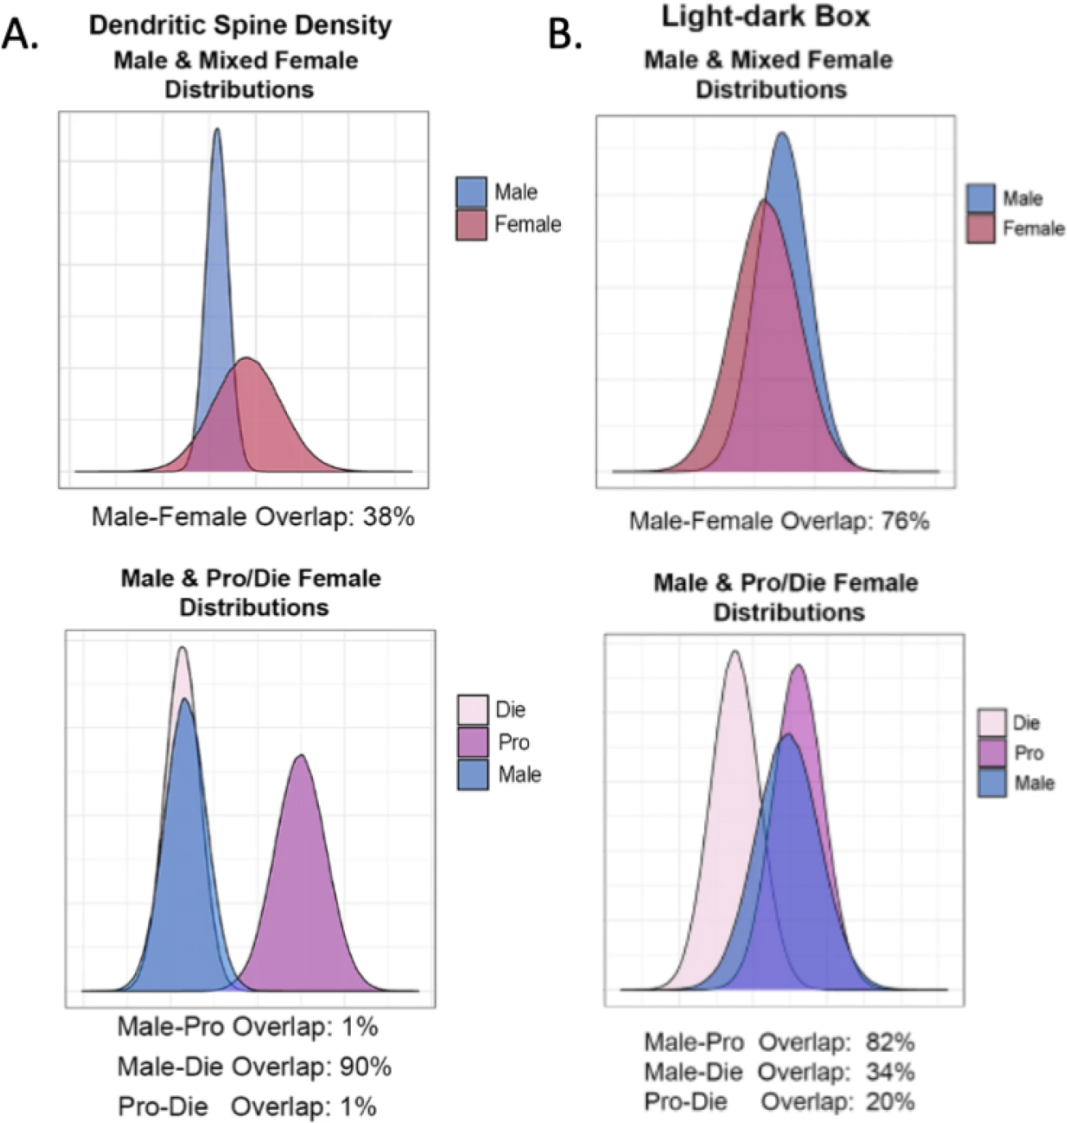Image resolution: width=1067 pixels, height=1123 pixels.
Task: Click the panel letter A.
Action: (20, 34)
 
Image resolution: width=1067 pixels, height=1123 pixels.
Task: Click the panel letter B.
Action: (565, 34)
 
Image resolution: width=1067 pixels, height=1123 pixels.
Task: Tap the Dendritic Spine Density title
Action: (240, 25)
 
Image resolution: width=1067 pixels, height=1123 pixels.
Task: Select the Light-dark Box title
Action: (765, 16)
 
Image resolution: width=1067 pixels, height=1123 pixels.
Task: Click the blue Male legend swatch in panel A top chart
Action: (471, 192)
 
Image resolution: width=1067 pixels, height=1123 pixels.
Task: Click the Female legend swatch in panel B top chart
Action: (980, 228)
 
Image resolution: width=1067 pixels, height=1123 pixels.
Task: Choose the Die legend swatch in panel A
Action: (473, 709)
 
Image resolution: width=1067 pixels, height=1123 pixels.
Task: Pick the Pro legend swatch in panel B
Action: (992, 752)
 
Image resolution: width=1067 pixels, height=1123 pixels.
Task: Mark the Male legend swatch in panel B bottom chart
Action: (992, 783)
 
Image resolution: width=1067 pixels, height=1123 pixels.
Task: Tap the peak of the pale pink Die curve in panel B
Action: (735, 652)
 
